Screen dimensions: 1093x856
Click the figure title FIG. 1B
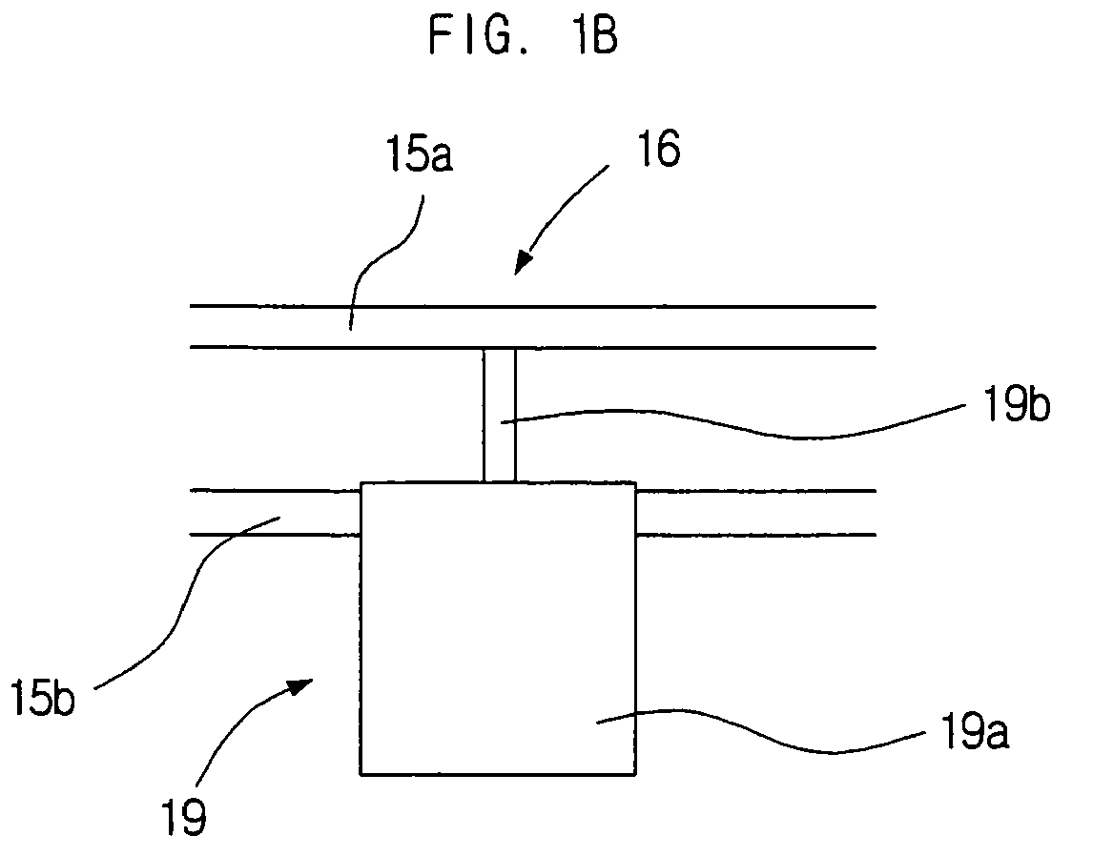tap(523, 36)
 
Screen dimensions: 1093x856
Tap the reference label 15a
tap(419, 153)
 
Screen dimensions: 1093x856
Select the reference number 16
tap(658, 149)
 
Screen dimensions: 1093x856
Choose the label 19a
tap(974, 730)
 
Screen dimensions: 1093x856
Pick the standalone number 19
tap(184, 817)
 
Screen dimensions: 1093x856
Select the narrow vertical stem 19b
tap(499, 415)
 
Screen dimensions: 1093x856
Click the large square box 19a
tap(498, 628)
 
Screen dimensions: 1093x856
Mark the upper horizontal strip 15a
tap(532, 327)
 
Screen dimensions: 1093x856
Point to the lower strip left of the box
tap(276, 513)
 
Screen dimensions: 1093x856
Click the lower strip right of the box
tap(755, 513)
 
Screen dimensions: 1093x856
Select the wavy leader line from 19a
tap(760, 731)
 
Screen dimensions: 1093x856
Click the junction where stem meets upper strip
tap(499, 348)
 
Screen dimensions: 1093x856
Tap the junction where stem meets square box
tap(499, 482)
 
